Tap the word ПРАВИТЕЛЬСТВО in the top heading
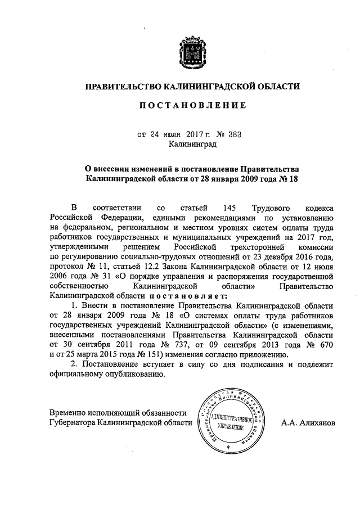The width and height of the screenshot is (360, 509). pyautogui.click(x=123, y=87)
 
